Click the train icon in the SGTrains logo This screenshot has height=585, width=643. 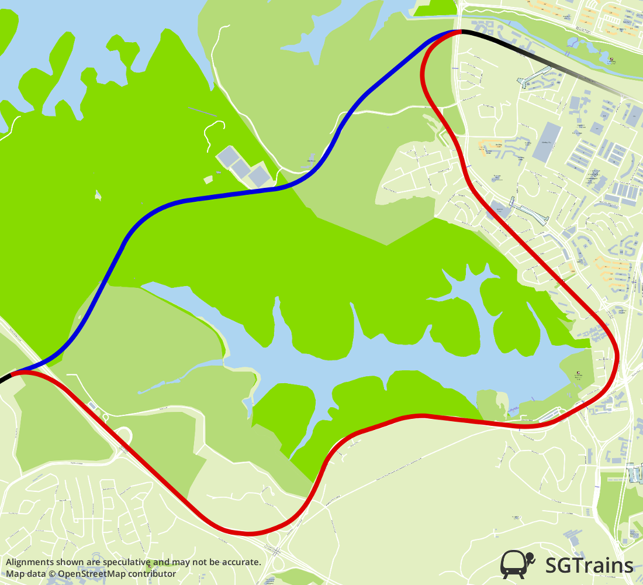pos(517,564)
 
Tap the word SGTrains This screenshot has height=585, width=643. pos(589,565)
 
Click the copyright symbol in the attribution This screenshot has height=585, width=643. pos(52,574)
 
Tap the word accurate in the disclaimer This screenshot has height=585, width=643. pos(240,562)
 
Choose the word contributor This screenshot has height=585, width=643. pos(154,574)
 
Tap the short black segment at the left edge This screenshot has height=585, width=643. pos(5,378)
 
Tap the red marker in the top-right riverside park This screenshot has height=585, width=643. pos(611,60)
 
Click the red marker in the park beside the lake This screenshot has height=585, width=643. pos(578,373)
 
